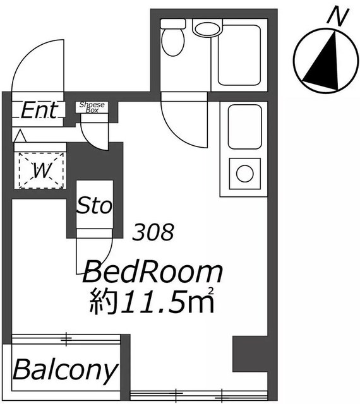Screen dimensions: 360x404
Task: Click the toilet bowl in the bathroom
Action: point(173,42)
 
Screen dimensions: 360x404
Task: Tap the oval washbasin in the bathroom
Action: point(208,29)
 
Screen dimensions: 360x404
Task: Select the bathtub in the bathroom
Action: point(239,55)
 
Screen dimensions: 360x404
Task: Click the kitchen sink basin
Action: point(244,126)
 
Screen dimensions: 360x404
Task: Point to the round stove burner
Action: point(244,174)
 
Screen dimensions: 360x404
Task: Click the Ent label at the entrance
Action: point(39,110)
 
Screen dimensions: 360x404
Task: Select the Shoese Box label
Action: point(92,107)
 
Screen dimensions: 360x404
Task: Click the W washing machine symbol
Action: point(41,170)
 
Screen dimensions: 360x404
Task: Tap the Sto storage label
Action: point(95,205)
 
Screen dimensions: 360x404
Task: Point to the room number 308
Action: point(153,232)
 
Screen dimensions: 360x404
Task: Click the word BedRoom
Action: point(152,272)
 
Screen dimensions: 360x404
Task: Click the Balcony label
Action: point(66,371)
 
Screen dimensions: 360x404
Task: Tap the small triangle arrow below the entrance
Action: point(20,136)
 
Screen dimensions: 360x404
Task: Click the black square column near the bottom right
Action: point(250,353)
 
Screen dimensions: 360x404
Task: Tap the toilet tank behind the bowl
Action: point(173,24)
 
